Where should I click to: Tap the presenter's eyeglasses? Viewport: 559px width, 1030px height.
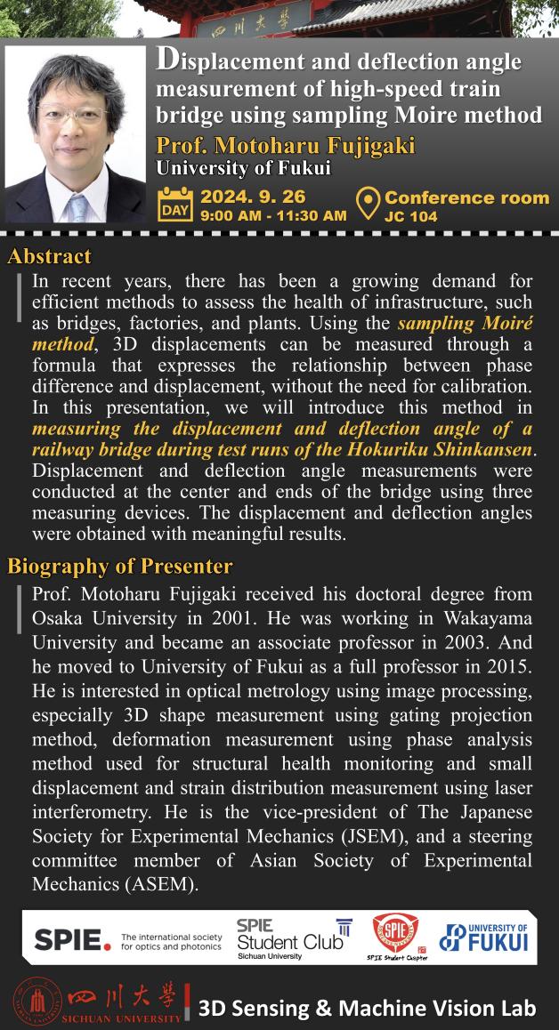coord(74,117)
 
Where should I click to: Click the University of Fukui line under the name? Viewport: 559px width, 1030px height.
coord(243,167)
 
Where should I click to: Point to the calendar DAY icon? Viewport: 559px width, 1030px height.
coord(174,204)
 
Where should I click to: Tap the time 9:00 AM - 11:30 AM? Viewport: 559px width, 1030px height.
coord(273,215)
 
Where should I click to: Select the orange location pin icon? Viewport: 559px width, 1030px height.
coord(367,204)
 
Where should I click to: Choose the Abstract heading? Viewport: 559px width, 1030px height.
coord(49,257)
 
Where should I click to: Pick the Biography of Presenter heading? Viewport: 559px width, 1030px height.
coord(119,566)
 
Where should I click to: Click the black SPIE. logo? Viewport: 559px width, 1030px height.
coord(72,939)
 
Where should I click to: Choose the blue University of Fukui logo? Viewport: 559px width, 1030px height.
coord(484,937)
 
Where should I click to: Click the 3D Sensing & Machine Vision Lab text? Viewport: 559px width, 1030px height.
coord(367,1008)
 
